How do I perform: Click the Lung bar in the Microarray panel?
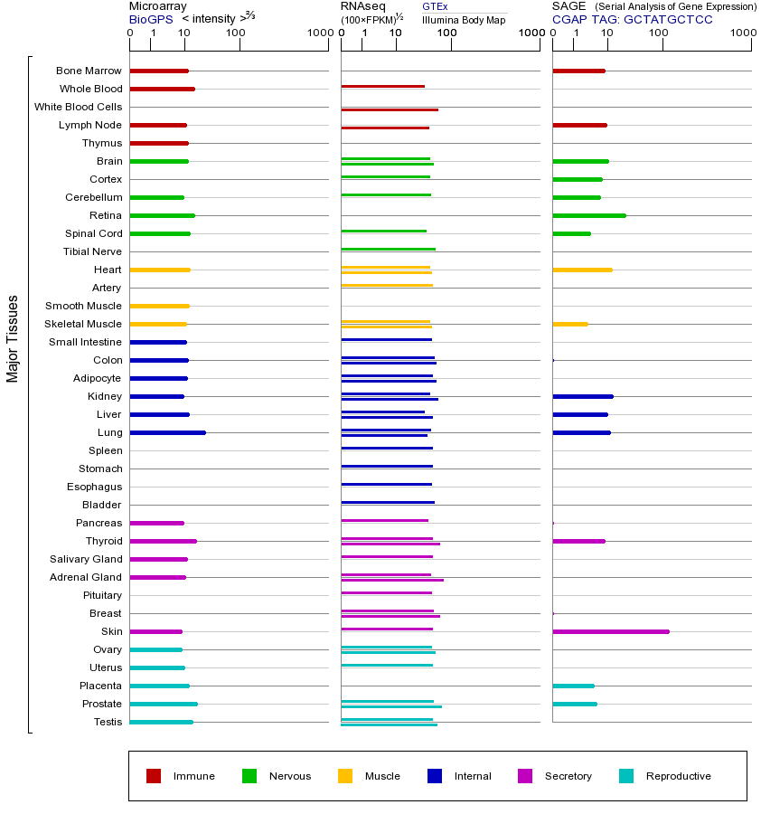point(168,432)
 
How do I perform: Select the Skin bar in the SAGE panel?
point(610,631)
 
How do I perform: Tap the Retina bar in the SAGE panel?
point(588,215)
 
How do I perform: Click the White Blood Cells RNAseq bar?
point(390,109)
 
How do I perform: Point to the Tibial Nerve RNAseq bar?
point(388,249)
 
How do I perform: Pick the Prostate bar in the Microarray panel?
point(164,704)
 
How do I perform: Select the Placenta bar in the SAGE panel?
point(573,686)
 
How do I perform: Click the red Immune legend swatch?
point(154,776)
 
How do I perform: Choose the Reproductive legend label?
point(678,776)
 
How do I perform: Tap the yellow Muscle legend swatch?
point(345,776)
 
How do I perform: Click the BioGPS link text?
point(150,19)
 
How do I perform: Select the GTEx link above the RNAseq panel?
point(435,6)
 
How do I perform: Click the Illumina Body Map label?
point(464,20)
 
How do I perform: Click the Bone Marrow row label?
point(89,71)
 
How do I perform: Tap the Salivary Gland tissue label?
point(86,559)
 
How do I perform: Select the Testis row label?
point(108,722)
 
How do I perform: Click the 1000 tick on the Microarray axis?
point(318,33)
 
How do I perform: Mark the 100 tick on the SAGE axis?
point(659,33)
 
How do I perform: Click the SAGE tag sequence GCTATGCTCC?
point(668,19)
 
